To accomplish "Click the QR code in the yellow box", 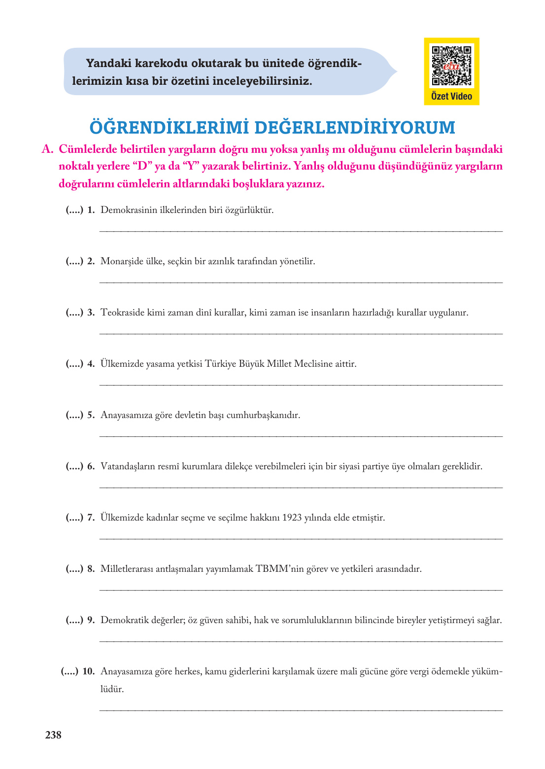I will pos(451,66).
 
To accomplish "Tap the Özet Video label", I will pos(451,97).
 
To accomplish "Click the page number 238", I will pos(53,735).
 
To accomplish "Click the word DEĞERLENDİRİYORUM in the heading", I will pos(355,128).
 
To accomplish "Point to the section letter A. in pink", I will pos(47,149).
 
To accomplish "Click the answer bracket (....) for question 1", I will pos(74,210).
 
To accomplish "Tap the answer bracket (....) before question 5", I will pos(74,415).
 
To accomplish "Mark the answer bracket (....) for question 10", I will pos(69,671).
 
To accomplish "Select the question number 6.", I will pos(91,466).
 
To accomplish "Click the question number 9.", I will pos(91,620).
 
